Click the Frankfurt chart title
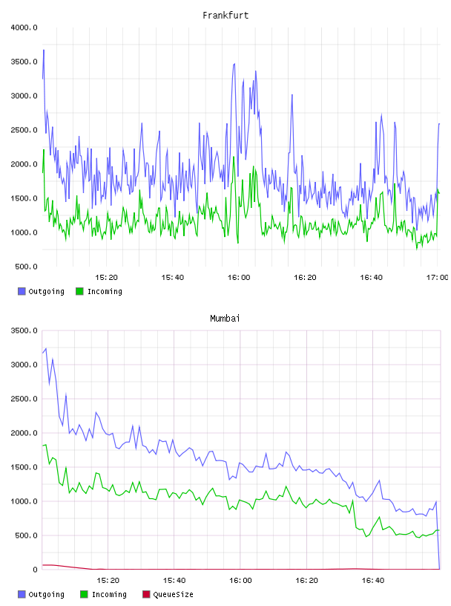click(225, 15)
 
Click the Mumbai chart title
click(225, 318)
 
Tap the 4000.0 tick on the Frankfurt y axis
click(24, 27)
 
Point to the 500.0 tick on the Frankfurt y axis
click(26, 267)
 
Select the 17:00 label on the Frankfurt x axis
click(437, 278)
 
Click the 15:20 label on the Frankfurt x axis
click(106, 278)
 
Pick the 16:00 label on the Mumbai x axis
click(240, 581)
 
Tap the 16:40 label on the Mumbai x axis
click(373, 581)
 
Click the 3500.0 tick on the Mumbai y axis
click(24, 330)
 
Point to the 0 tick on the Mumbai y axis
click(35, 570)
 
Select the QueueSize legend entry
click(168, 594)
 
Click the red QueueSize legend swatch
click(146, 594)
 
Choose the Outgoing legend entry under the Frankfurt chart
click(42, 291)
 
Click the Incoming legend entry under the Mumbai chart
click(104, 594)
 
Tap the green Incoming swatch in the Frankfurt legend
click(79, 291)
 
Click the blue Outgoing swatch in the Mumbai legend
click(22, 594)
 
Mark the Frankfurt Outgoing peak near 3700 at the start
click(44, 50)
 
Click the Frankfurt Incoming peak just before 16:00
click(234, 157)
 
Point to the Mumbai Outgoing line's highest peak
click(46, 348)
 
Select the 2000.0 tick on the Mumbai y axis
click(24, 433)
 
